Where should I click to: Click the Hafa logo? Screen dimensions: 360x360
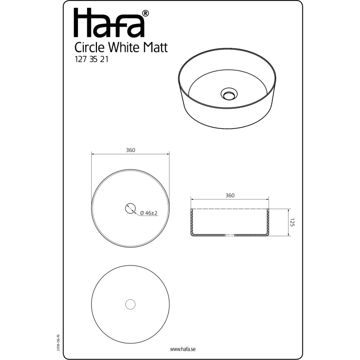coord(109,23)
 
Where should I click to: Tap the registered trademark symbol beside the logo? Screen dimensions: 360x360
coord(145,13)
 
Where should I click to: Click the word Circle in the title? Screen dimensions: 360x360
coord(90,48)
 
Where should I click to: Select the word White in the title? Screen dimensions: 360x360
coord(123,48)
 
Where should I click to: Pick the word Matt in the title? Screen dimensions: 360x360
coord(155,48)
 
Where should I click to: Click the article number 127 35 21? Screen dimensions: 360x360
coord(92,59)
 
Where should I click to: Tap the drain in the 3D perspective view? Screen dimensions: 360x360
coord(229,94)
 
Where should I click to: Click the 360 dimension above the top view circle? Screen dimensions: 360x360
coord(130,150)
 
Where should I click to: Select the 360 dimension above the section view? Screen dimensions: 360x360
coord(230,195)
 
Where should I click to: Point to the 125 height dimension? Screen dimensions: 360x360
coord(292,222)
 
